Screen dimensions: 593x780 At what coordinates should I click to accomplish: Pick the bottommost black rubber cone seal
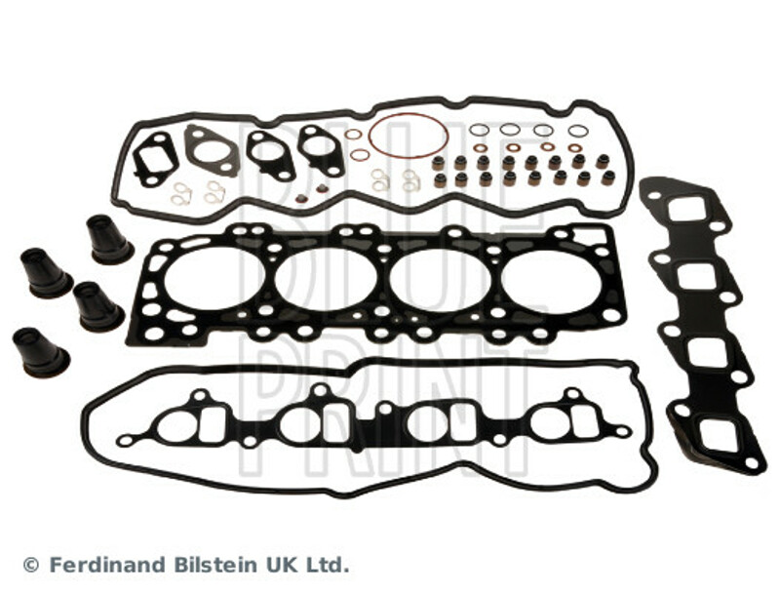[40, 352]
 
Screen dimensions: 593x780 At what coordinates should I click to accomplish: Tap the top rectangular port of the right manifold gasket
[686, 210]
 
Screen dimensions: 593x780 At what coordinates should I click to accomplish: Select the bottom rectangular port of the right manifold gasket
[720, 437]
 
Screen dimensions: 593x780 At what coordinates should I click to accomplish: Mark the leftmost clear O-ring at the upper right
[479, 130]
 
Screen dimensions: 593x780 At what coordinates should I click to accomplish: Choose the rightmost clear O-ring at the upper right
[578, 131]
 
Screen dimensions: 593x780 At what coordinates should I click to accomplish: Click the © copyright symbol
[31, 565]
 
